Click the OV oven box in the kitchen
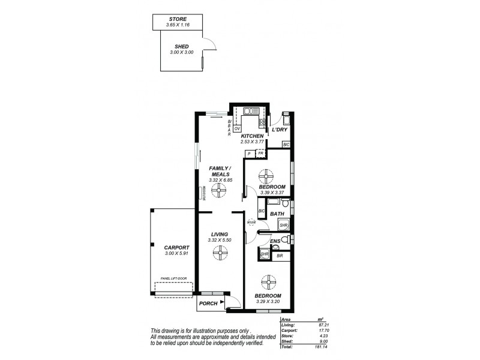click(x=237, y=128)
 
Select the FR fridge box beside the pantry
click(x=260, y=154)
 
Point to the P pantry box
click(x=248, y=154)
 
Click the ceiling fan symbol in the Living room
click(x=220, y=254)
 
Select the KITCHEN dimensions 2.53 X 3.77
click(x=252, y=142)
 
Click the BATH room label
click(x=277, y=214)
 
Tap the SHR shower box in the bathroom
click(x=284, y=226)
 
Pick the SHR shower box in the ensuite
click(x=264, y=254)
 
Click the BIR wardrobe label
click(x=280, y=256)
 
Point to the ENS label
click(x=275, y=241)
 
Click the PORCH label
click(x=208, y=304)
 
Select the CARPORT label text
click(x=176, y=247)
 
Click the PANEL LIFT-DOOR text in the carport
click(x=173, y=278)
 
